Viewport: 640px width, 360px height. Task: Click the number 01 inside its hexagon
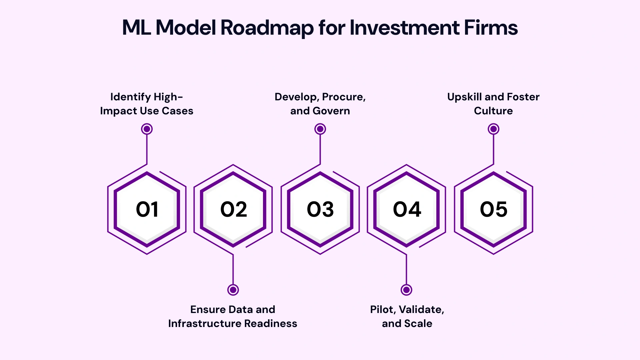tap(147, 209)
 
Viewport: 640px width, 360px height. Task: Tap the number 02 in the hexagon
tap(233, 209)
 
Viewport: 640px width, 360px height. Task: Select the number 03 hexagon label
tap(320, 209)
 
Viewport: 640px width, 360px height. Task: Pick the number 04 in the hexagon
tap(407, 209)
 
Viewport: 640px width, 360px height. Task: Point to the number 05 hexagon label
tap(493, 209)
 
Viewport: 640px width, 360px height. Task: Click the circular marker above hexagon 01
tap(147, 129)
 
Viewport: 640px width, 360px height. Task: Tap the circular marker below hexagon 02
tap(233, 290)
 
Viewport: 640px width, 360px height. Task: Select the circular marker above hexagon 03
tap(320, 129)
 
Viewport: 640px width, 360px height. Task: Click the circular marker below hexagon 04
tap(406, 290)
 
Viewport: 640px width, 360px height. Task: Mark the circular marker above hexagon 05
tap(493, 129)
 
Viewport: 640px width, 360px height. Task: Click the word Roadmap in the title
tap(267, 28)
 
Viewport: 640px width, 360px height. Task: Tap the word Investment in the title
tap(404, 28)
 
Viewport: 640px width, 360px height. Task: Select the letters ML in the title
tap(136, 28)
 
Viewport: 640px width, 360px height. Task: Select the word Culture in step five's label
tap(493, 111)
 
